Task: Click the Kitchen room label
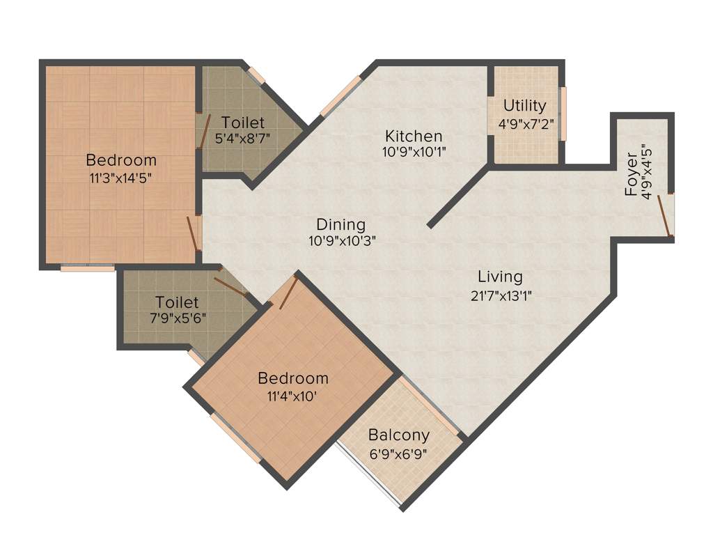(414, 135)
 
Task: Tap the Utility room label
(524, 106)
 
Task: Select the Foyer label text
(631, 180)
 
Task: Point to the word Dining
(340, 224)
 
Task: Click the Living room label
(500, 277)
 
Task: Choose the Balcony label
(398, 435)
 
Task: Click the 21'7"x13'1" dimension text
(502, 295)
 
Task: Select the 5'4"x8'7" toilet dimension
(243, 138)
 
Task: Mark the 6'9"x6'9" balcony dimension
(399, 453)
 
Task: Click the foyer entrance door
(667, 216)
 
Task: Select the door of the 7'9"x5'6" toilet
(230, 287)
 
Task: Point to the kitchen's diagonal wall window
(340, 95)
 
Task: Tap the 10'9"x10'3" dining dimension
(340, 242)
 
